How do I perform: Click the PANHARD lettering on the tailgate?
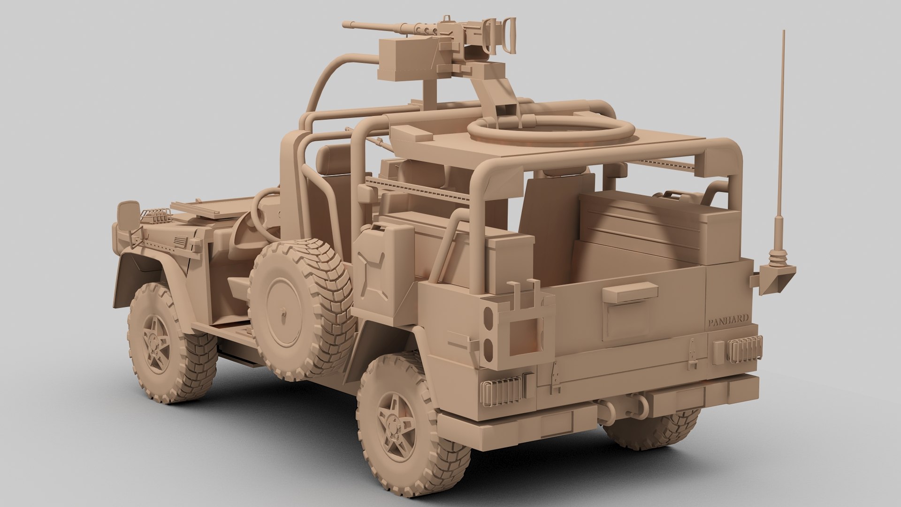tap(727, 323)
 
